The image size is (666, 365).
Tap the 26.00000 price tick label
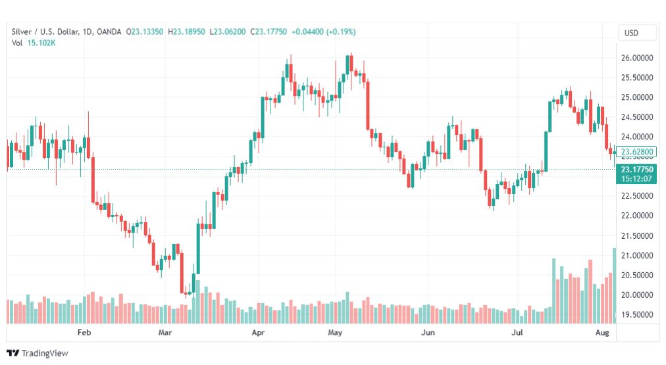[637, 58]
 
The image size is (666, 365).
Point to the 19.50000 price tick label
[637, 314]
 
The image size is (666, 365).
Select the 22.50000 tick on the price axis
[637, 196]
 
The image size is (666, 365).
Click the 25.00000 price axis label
[637, 97]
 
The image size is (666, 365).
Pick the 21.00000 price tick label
[637, 255]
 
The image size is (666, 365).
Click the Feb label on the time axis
[84, 332]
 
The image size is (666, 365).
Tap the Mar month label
[165, 332]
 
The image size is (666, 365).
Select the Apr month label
[258, 332]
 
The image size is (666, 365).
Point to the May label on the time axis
[335, 332]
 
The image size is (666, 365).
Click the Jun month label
[428, 332]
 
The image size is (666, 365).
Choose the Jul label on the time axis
[517, 332]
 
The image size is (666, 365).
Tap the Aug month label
[602, 332]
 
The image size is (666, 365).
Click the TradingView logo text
[45, 353]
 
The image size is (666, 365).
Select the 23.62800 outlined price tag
[636, 151]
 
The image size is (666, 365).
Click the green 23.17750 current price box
[636, 174]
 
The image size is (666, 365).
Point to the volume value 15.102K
[41, 43]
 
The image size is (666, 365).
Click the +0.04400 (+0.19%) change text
[323, 32]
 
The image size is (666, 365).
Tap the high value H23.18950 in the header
[186, 32]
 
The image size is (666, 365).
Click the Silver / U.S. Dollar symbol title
[45, 32]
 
